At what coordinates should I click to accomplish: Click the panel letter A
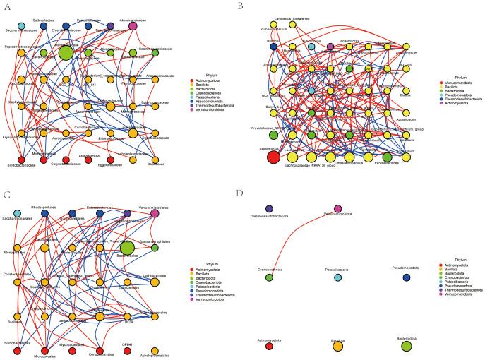point(5,5)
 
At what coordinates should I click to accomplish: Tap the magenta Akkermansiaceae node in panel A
point(133,27)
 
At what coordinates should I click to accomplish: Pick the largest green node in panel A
point(66,52)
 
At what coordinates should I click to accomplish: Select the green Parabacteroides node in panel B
point(386,157)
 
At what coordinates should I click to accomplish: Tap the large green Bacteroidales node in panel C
point(127,247)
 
